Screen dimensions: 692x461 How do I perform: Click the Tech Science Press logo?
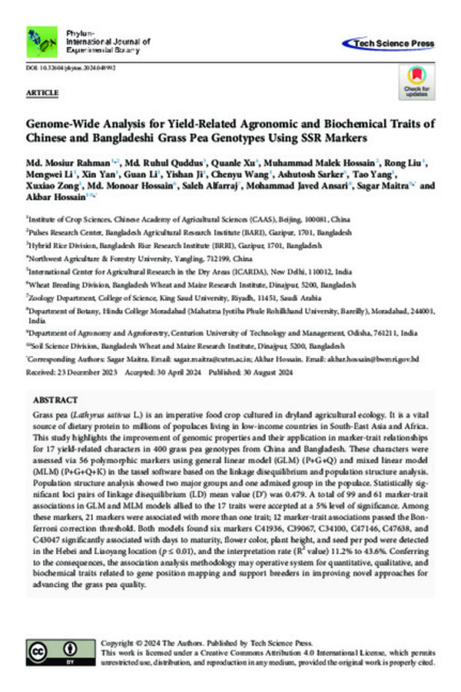388,44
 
